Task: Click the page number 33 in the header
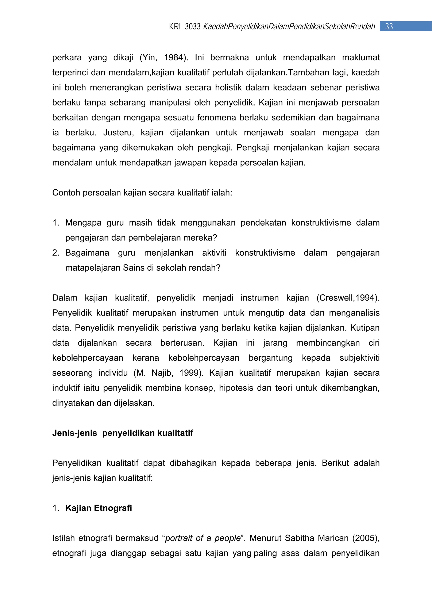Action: (389, 26)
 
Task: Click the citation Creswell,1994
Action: (347, 298)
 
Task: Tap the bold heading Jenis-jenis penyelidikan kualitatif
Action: (123, 433)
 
